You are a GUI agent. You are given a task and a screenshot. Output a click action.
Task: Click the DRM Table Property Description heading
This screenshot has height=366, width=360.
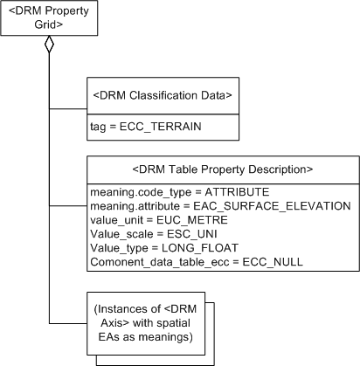click(x=222, y=168)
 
